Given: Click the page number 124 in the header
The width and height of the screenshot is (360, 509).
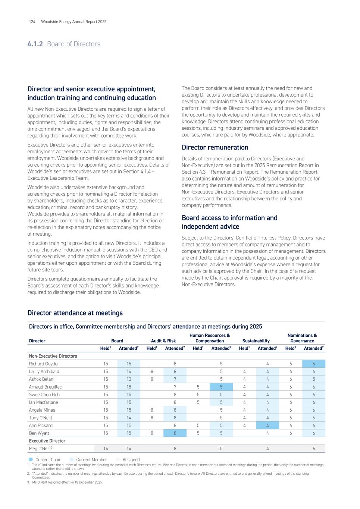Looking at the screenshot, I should coord(32,22).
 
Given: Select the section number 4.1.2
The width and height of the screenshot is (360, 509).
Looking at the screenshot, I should coord(35,44).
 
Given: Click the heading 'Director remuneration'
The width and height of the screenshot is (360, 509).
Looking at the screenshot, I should coord(215,147).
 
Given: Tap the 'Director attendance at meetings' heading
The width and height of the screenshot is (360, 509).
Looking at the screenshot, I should coord(75,313).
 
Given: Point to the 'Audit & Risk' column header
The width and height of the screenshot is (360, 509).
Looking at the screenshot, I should coord(163,341).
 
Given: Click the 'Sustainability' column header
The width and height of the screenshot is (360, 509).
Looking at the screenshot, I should coord(256,341).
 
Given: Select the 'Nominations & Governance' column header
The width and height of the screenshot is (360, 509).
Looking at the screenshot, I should coord(302,338).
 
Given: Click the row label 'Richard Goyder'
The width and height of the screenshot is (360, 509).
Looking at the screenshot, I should coord(44,364).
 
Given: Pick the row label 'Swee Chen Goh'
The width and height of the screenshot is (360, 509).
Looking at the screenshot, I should coord(44,395).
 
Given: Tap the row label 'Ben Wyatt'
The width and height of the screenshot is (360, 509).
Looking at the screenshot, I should coord(39,433).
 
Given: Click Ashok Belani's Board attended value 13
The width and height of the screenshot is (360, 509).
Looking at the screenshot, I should coord(129,379).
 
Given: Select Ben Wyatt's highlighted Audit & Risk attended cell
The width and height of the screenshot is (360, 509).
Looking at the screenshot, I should coord(175,433).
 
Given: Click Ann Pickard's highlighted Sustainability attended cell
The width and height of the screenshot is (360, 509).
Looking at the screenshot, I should coord(267,425).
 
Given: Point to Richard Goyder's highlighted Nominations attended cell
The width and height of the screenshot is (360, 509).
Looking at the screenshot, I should coord(314,364).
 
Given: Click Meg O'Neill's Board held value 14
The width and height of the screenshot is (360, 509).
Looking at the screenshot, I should coord(106,449).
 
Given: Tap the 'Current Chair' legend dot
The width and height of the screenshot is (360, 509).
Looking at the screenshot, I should coord(31,459).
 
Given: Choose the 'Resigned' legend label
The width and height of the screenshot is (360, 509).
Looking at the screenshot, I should coord(131,460).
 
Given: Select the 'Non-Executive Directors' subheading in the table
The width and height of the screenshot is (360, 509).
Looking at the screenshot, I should coord(53,356).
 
